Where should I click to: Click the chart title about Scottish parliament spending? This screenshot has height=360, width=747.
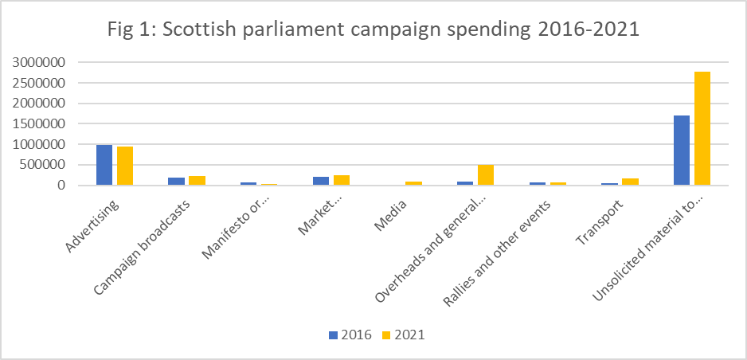[x=373, y=31]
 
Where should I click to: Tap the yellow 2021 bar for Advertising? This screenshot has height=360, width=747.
[x=125, y=166]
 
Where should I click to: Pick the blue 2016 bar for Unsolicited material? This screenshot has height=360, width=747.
[x=681, y=151]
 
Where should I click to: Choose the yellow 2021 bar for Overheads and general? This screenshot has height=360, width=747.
[x=485, y=175]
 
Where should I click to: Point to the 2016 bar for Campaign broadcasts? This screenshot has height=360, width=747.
[x=176, y=182]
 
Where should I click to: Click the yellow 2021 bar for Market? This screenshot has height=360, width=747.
[x=341, y=181]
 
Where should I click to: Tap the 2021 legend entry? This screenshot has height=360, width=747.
[x=405, y=335]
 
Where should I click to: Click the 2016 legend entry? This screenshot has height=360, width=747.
[x=351, y=335]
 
